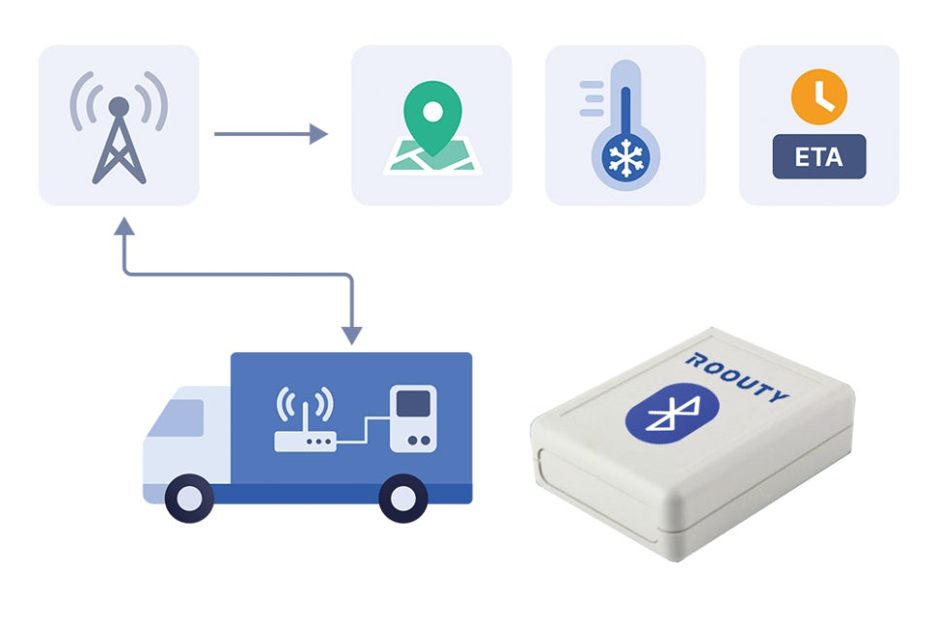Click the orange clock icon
point(819,96)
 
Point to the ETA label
point(819,157)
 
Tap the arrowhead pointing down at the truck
point(353,333)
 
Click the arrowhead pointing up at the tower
point(123,228)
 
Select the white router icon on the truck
point(306,427)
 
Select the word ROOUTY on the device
point(737,376)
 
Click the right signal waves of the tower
point(155,102)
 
